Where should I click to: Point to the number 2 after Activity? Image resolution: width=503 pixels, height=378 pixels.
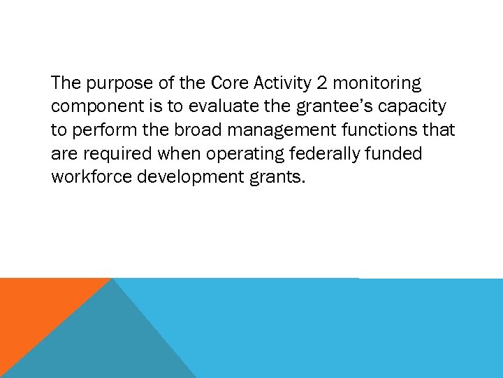point(322,84)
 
